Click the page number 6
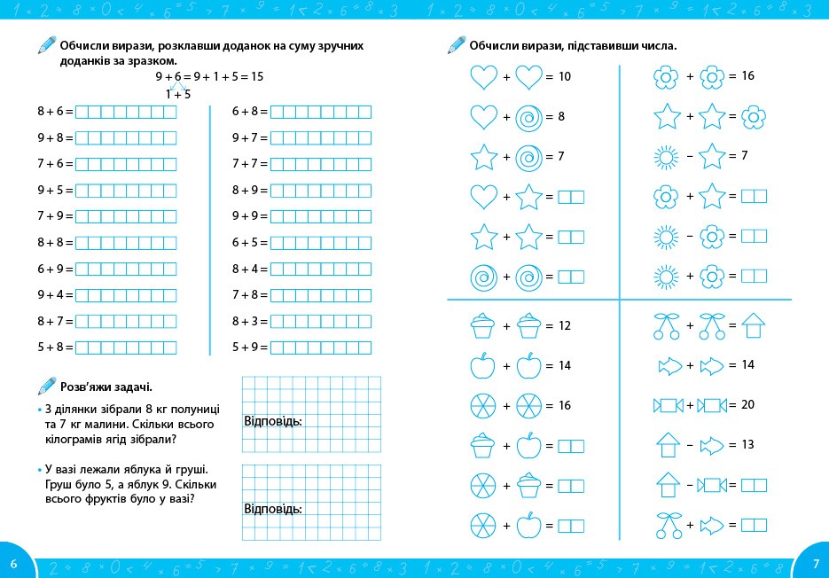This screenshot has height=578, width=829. pyautogui.click(x=13, y=564)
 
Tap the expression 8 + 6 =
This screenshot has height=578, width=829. pyautogui.click(x=55, y=112)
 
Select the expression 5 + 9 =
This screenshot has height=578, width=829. pyautogui.click(x=250, y=347)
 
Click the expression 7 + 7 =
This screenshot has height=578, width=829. pyautogui.click(x=250, y=164)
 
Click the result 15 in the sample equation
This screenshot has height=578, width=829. pyautogui.click(x=257, y=77)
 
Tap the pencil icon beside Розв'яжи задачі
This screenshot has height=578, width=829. pyautogui.click(x=46, y=386)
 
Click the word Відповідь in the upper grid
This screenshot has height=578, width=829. pyautogui.click(x=273, y=421)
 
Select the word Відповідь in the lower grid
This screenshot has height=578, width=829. pyautogui.click(x=273, y=509)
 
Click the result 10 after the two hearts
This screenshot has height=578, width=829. pyautogui.click(x=565, y=77)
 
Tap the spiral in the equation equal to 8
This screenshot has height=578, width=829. pyautogui.click(x=529, y=117)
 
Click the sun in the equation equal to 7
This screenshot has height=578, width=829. pyautogui.click(x=665, y=157)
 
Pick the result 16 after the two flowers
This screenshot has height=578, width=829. pyautogui.click(x=747, y=77)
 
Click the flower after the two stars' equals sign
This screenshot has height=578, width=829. pyautogui.click(x=754, y=117)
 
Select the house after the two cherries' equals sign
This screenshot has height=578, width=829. pyautogui.click(x=754, y=325)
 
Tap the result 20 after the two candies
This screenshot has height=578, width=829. pyautogui.click(x=747, y=405)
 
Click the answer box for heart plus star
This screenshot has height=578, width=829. pyautogui.click(x=571, y=197)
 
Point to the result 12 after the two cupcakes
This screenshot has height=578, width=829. pyautogui.click(x=565, y=325)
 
